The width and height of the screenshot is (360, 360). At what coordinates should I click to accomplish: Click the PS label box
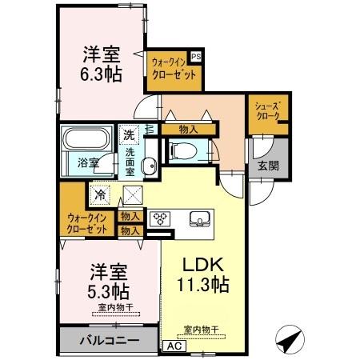196,57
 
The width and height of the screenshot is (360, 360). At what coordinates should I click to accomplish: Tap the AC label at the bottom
173,346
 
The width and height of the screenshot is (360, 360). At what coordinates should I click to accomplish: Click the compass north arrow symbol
289,340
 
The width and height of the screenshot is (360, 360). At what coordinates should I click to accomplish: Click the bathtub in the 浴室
82,141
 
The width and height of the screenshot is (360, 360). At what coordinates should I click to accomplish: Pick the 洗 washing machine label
128,135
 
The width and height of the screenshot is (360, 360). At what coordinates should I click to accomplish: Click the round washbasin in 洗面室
149,166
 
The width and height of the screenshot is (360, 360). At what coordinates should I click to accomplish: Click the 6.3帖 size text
101,74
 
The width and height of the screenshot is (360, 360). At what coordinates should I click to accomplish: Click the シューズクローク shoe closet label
267,110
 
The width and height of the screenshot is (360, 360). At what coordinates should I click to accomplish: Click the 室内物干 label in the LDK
200,329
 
